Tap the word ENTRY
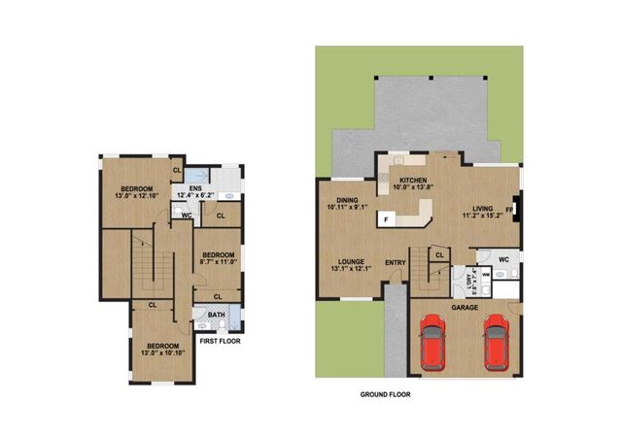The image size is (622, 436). tap(395, 262)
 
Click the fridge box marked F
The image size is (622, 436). tap(386, 219)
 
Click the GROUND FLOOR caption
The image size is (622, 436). tap(387, 396)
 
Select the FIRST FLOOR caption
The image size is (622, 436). tap(220, 342)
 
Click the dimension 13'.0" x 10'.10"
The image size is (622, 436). tap(162, 352)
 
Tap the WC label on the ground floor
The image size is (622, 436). tap(502, 259)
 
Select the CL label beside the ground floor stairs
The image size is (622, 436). tap(440, 255)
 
